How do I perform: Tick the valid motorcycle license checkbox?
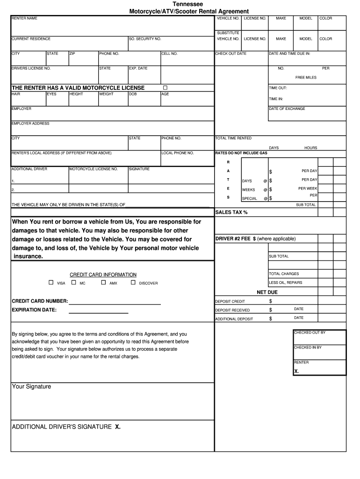[165, 88]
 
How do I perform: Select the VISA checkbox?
[51, 283]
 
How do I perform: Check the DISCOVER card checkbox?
[133, 283]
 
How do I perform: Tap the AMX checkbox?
[103, 283]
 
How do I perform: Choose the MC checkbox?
[74, 283]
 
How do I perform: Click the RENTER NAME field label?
[24, 18]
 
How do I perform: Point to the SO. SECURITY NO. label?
[145, 39]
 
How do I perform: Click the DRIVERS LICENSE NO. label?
[31, 68]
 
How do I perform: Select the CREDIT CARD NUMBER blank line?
[115, 304]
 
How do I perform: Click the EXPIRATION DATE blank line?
[99, 312]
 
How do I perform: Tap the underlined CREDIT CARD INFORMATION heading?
[103, 275]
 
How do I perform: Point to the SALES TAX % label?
[231, 212]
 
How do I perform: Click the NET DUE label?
[267, 292]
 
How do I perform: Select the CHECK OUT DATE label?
[230, 54]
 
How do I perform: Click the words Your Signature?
[31, 387]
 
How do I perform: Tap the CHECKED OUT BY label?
[310, 333]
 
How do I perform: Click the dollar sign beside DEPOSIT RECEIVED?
[270, 310]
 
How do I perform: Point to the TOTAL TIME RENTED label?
[233, 138]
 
